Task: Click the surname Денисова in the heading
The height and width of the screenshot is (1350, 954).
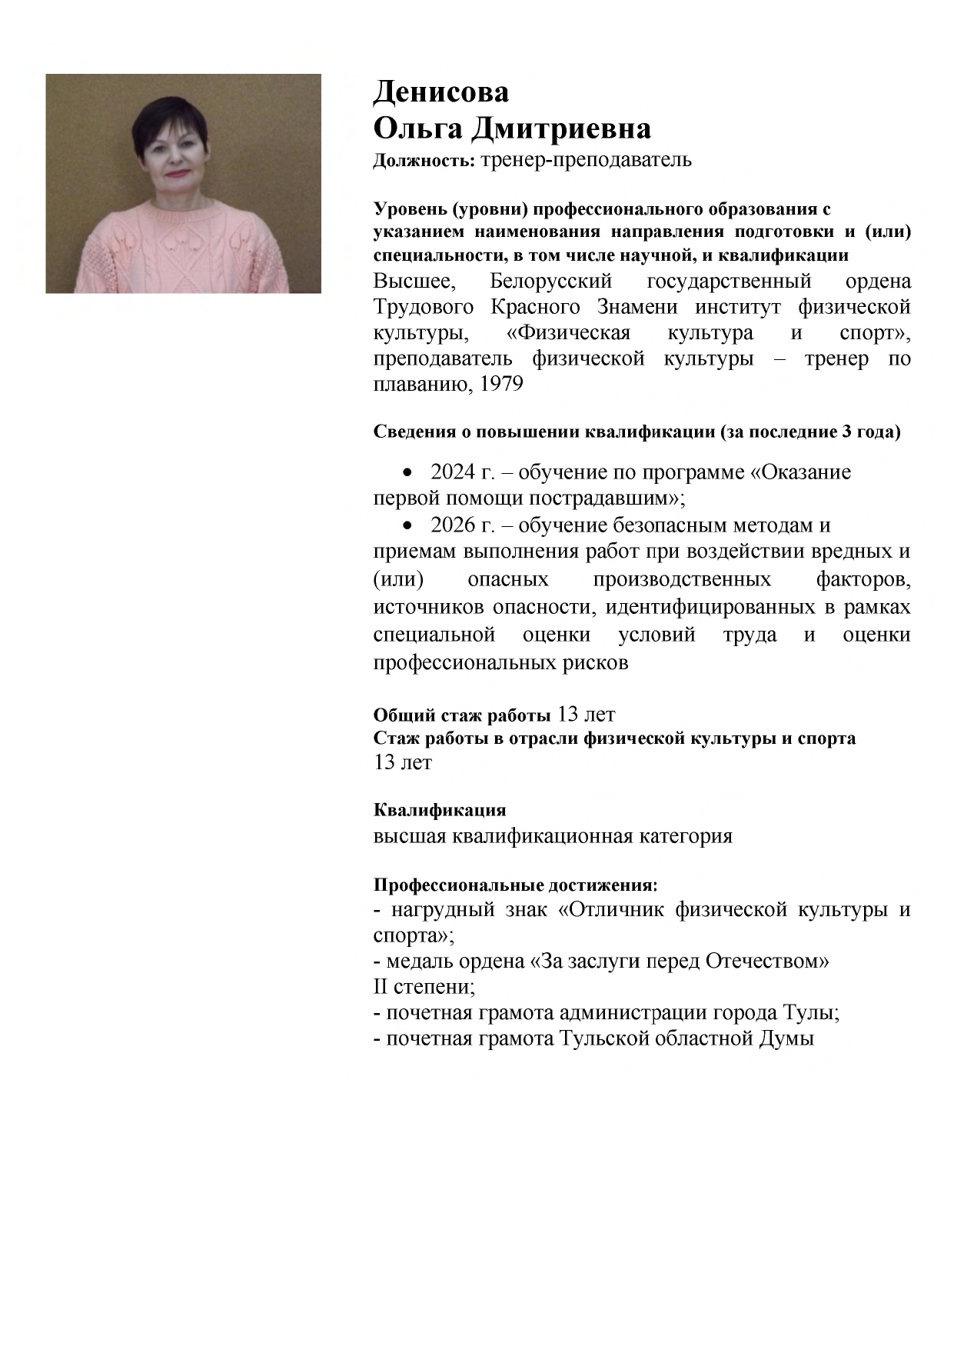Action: point(440,92)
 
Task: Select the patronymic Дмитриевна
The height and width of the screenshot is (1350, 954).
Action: point(560,128)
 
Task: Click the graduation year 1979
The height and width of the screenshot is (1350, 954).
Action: point(501,384)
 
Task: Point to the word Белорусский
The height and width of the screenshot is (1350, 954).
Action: point(550,281)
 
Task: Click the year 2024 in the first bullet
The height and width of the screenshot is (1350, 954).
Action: point(454,472)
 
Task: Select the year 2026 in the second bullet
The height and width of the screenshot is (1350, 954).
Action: point(454,525)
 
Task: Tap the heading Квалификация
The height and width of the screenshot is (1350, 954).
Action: point(439,810)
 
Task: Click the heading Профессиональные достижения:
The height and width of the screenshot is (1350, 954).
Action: point(515,885)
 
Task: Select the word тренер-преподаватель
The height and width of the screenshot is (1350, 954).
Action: point(586,160)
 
